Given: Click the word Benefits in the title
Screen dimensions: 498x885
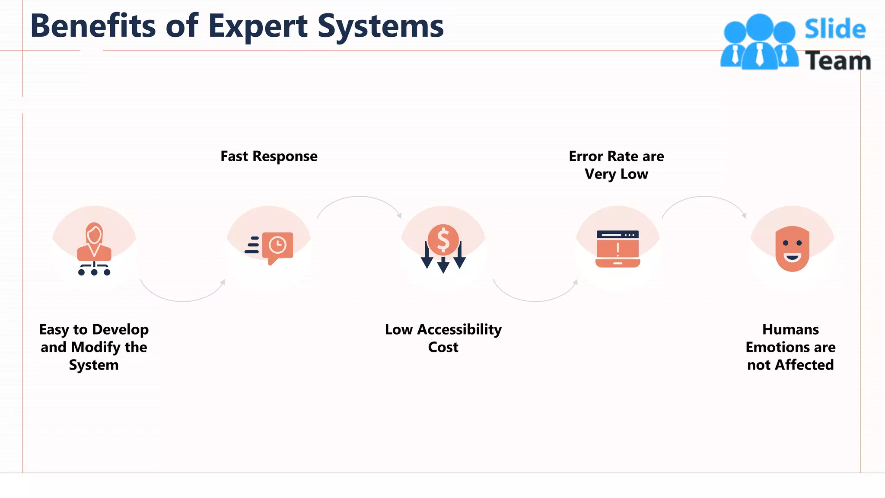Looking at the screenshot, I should [x=92, y=26].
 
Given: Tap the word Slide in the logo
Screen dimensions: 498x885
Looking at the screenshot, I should [x=835, y=29].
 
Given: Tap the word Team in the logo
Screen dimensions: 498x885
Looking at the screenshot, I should [x=838, y=61].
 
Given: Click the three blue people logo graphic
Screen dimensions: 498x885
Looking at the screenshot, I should [x=759, y=43].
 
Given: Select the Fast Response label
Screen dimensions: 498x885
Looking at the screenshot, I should [x=269, y=156].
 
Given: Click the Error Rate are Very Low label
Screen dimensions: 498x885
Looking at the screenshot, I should [x=616, y=165].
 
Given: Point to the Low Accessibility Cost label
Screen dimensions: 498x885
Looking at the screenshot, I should [x=443, y=338].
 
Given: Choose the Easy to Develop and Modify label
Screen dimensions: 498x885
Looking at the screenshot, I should [x=94, y=347].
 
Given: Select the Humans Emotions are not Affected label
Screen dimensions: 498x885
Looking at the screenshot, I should [x=790, y=347].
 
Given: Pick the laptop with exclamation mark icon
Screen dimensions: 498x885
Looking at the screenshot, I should [x=618, y=249].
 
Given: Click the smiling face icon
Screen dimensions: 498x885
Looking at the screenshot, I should [x=792, y=249].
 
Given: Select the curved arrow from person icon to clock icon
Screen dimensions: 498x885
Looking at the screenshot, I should [x=182, y=299].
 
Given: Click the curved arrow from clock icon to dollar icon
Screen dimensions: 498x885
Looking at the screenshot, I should [x=359, y=198].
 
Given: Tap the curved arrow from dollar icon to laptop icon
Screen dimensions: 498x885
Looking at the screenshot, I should [x=535, y=299].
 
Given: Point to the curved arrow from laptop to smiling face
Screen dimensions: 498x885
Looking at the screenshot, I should [x=704, y=198].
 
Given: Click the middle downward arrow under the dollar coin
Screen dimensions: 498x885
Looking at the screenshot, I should [x=443, y=265].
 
